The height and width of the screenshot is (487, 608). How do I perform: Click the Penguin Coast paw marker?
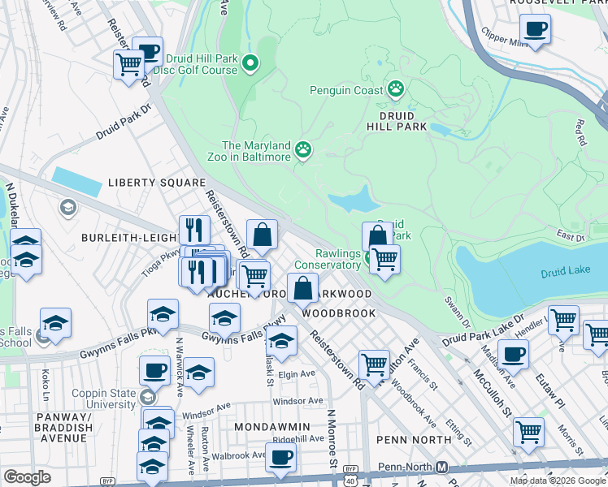(396, 89)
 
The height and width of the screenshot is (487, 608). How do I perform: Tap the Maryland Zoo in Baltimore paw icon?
(304, 149)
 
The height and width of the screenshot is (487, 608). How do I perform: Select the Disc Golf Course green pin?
(250, 63)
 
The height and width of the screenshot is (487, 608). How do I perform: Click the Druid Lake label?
(566, 274)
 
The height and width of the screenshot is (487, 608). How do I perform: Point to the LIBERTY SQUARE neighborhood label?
(156, 183)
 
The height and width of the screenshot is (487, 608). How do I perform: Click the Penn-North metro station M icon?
(442, 468)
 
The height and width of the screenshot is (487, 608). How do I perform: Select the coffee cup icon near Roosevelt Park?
(534, 30)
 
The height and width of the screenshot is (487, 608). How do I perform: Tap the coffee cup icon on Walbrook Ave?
(280, 456)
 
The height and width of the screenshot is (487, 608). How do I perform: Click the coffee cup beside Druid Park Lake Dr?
(513, 353)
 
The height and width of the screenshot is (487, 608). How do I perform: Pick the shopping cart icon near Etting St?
(528, 431)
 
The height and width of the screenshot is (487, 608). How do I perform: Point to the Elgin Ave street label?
(296, 374)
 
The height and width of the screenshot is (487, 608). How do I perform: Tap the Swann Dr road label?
(452, 301)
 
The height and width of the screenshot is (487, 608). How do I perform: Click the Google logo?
(28, 477)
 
